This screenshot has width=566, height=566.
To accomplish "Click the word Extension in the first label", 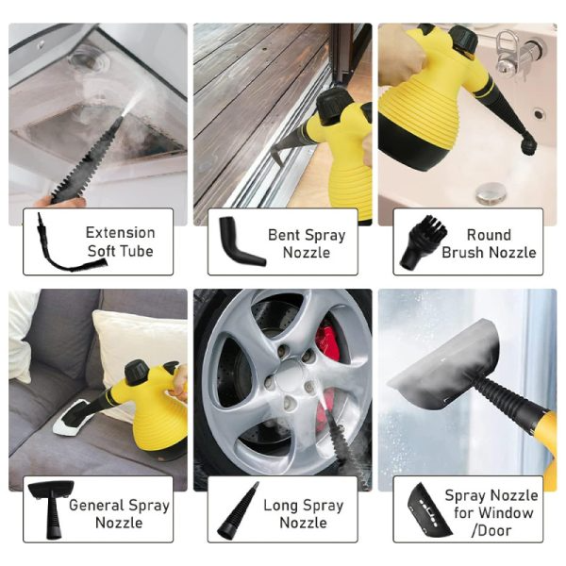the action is [x=120, y=233].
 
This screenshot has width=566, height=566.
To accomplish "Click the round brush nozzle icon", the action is [x=423, y=241].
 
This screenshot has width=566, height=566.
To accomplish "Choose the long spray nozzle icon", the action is [x=238, y=510].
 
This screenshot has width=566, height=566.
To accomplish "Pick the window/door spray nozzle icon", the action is [x=429, y=510].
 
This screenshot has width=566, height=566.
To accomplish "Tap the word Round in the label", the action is [x=489, y=235].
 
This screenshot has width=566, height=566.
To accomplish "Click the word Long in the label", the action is [x=279, y=506].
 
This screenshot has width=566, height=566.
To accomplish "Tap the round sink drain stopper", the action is [x=490, y=192].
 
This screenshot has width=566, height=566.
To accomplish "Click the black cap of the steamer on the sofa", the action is [x=137, y=372].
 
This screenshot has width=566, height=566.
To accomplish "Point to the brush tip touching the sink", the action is [x=528, y=144].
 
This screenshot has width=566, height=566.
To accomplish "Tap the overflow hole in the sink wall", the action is [x=539, y=114].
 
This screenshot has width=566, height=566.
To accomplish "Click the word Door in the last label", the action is [x=494, y=530].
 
